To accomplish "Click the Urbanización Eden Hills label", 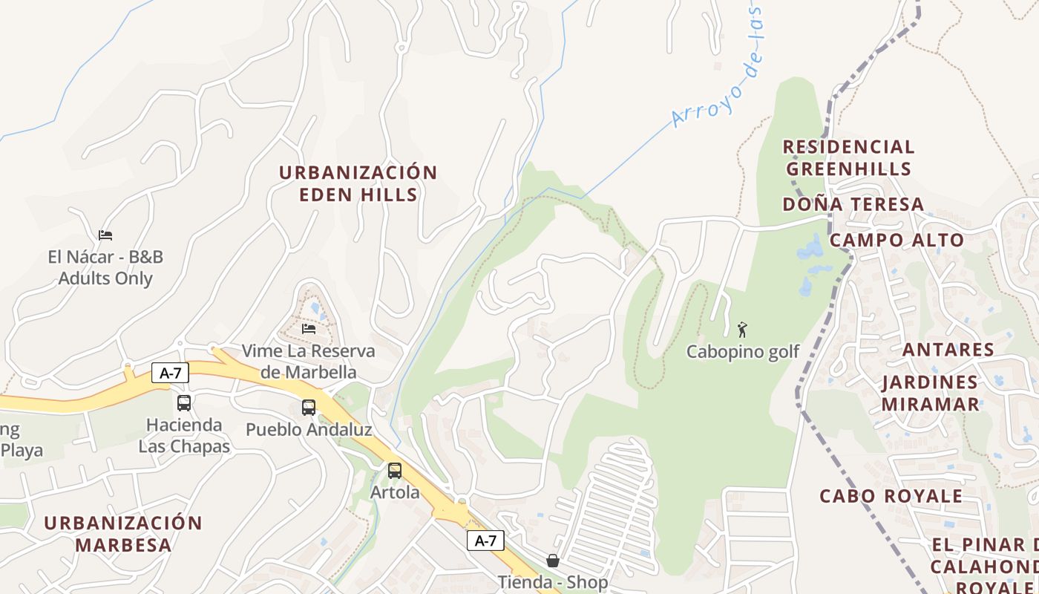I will click(358, 183).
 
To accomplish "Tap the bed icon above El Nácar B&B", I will click(105, 235).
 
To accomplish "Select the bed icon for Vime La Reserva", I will click(309, 328).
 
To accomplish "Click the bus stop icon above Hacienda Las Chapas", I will click(184, 403).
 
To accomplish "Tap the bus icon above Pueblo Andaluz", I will click(309, 408).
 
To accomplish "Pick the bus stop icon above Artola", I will click(395, 470).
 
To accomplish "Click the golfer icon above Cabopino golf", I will click(742, 330).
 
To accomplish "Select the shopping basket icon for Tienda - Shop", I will click(552, 561).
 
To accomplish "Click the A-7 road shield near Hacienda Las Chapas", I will click(171, 373).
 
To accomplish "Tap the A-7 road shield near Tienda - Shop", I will click(485, 541).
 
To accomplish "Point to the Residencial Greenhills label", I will click(848, 157).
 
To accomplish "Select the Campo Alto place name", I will click(896, 240).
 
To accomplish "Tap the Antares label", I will click(947, 350).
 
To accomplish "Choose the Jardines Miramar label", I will click(930, 394).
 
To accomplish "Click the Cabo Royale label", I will click(891, 496).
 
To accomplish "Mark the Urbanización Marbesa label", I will click(122, 533).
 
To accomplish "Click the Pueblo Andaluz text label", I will click(309, 429).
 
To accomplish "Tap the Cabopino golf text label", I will click(742, 351).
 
